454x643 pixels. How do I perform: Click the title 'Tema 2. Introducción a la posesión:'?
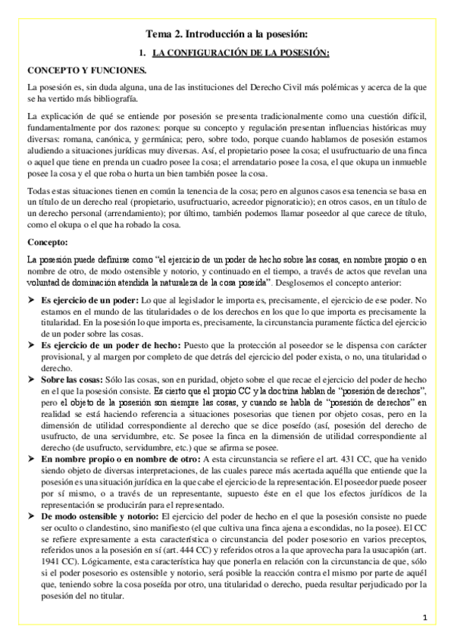pyautogui.click(x=227, y=33)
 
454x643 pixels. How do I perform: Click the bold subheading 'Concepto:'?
pyautogui.click(x=47, y=243)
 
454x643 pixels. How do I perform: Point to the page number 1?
pyautogui.click(x=426, y=617)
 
